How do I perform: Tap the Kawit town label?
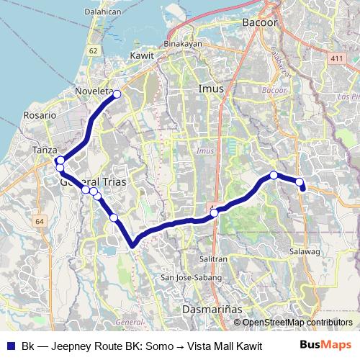[x=142, y=55]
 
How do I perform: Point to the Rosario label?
[x=40, y=114]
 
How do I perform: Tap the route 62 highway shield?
[x=93, y=51]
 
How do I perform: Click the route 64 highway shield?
[x=39, y=221]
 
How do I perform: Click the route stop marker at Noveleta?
[x=117, y=94]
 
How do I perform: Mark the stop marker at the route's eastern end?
[x=300, y=182]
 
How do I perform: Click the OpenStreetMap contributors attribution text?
[x=297, y=322]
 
